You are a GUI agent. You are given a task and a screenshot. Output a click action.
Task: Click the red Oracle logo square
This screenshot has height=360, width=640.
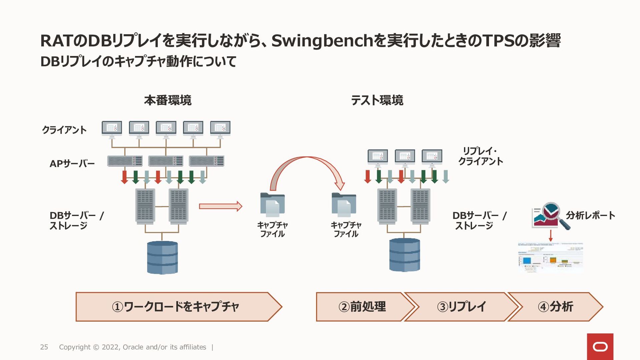600,347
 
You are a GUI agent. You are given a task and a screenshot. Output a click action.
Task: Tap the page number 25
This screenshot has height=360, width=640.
44,347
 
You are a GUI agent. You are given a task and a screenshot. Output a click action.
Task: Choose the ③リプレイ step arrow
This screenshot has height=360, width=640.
461,307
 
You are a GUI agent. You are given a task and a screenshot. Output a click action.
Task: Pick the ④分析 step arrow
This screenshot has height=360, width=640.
555,307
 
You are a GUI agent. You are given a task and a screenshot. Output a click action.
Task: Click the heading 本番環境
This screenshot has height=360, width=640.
168,100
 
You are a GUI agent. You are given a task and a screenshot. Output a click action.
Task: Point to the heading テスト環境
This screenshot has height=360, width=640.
377,100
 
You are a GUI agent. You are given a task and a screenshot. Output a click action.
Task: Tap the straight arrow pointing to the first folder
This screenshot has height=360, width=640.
220,206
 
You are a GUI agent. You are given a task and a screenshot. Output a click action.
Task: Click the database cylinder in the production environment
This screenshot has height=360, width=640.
162,257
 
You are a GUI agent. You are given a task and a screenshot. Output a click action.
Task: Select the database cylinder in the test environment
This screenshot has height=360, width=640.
404,255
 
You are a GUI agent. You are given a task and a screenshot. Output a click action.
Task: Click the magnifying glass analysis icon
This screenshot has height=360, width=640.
552,215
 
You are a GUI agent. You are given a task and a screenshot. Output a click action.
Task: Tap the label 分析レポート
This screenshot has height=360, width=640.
590,215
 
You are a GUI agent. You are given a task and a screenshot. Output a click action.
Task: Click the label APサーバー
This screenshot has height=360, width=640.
72,164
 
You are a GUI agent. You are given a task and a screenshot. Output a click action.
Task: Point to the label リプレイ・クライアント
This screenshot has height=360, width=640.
480,156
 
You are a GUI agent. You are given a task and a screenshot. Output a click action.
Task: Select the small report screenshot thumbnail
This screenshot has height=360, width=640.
550,257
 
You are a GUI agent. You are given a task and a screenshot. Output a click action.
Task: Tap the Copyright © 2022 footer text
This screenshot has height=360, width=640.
132,347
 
